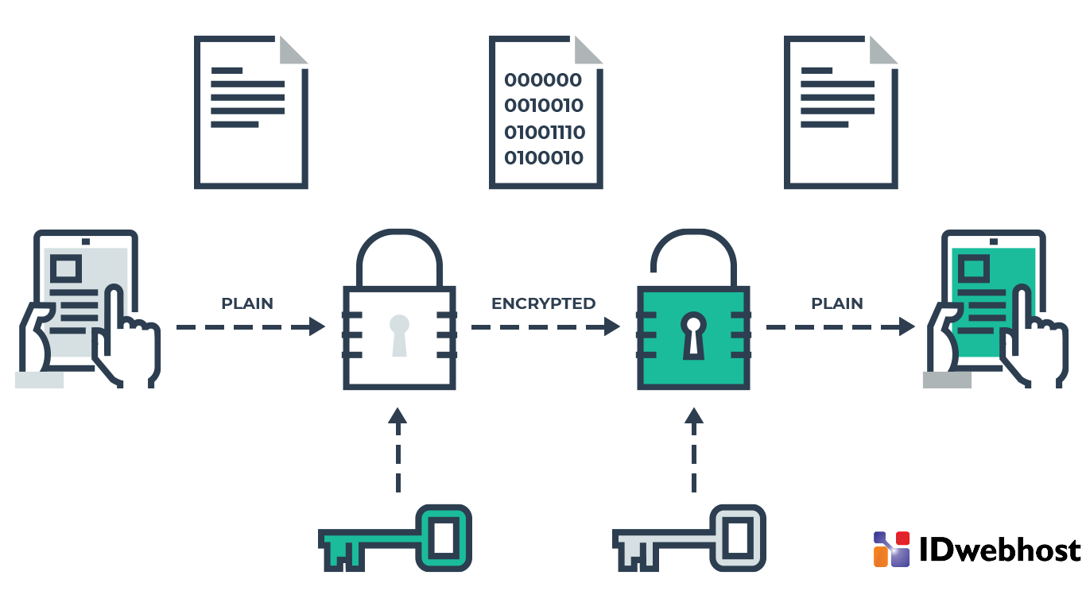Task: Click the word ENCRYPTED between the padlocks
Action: pyautogui.click(x=543, y=303)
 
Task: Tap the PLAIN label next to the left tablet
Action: pyautogui.click(x=246, y=303)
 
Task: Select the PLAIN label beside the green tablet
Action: pyautogui.click(x=836, y=303)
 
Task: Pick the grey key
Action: pyautogui.click(x=689, y=537)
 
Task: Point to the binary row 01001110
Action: pyautogui.click(x=545, y=132)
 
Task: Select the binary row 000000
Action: pyautogui.click(x=543, y=80)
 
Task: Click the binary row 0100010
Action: pyautogui.click(x=544, y=158)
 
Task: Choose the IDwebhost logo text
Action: pyautogui.click(x=999, y=550)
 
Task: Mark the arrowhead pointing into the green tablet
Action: pyautogui.click(x=906, y=326)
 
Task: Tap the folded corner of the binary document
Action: pyautogui.click(x=589, y=50)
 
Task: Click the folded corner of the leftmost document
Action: pyautogui.click(x=294, y=50)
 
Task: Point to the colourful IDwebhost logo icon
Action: pyautogui.click(x=891, y=549)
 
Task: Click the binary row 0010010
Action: pyautogui.click(x=544, y=106)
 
